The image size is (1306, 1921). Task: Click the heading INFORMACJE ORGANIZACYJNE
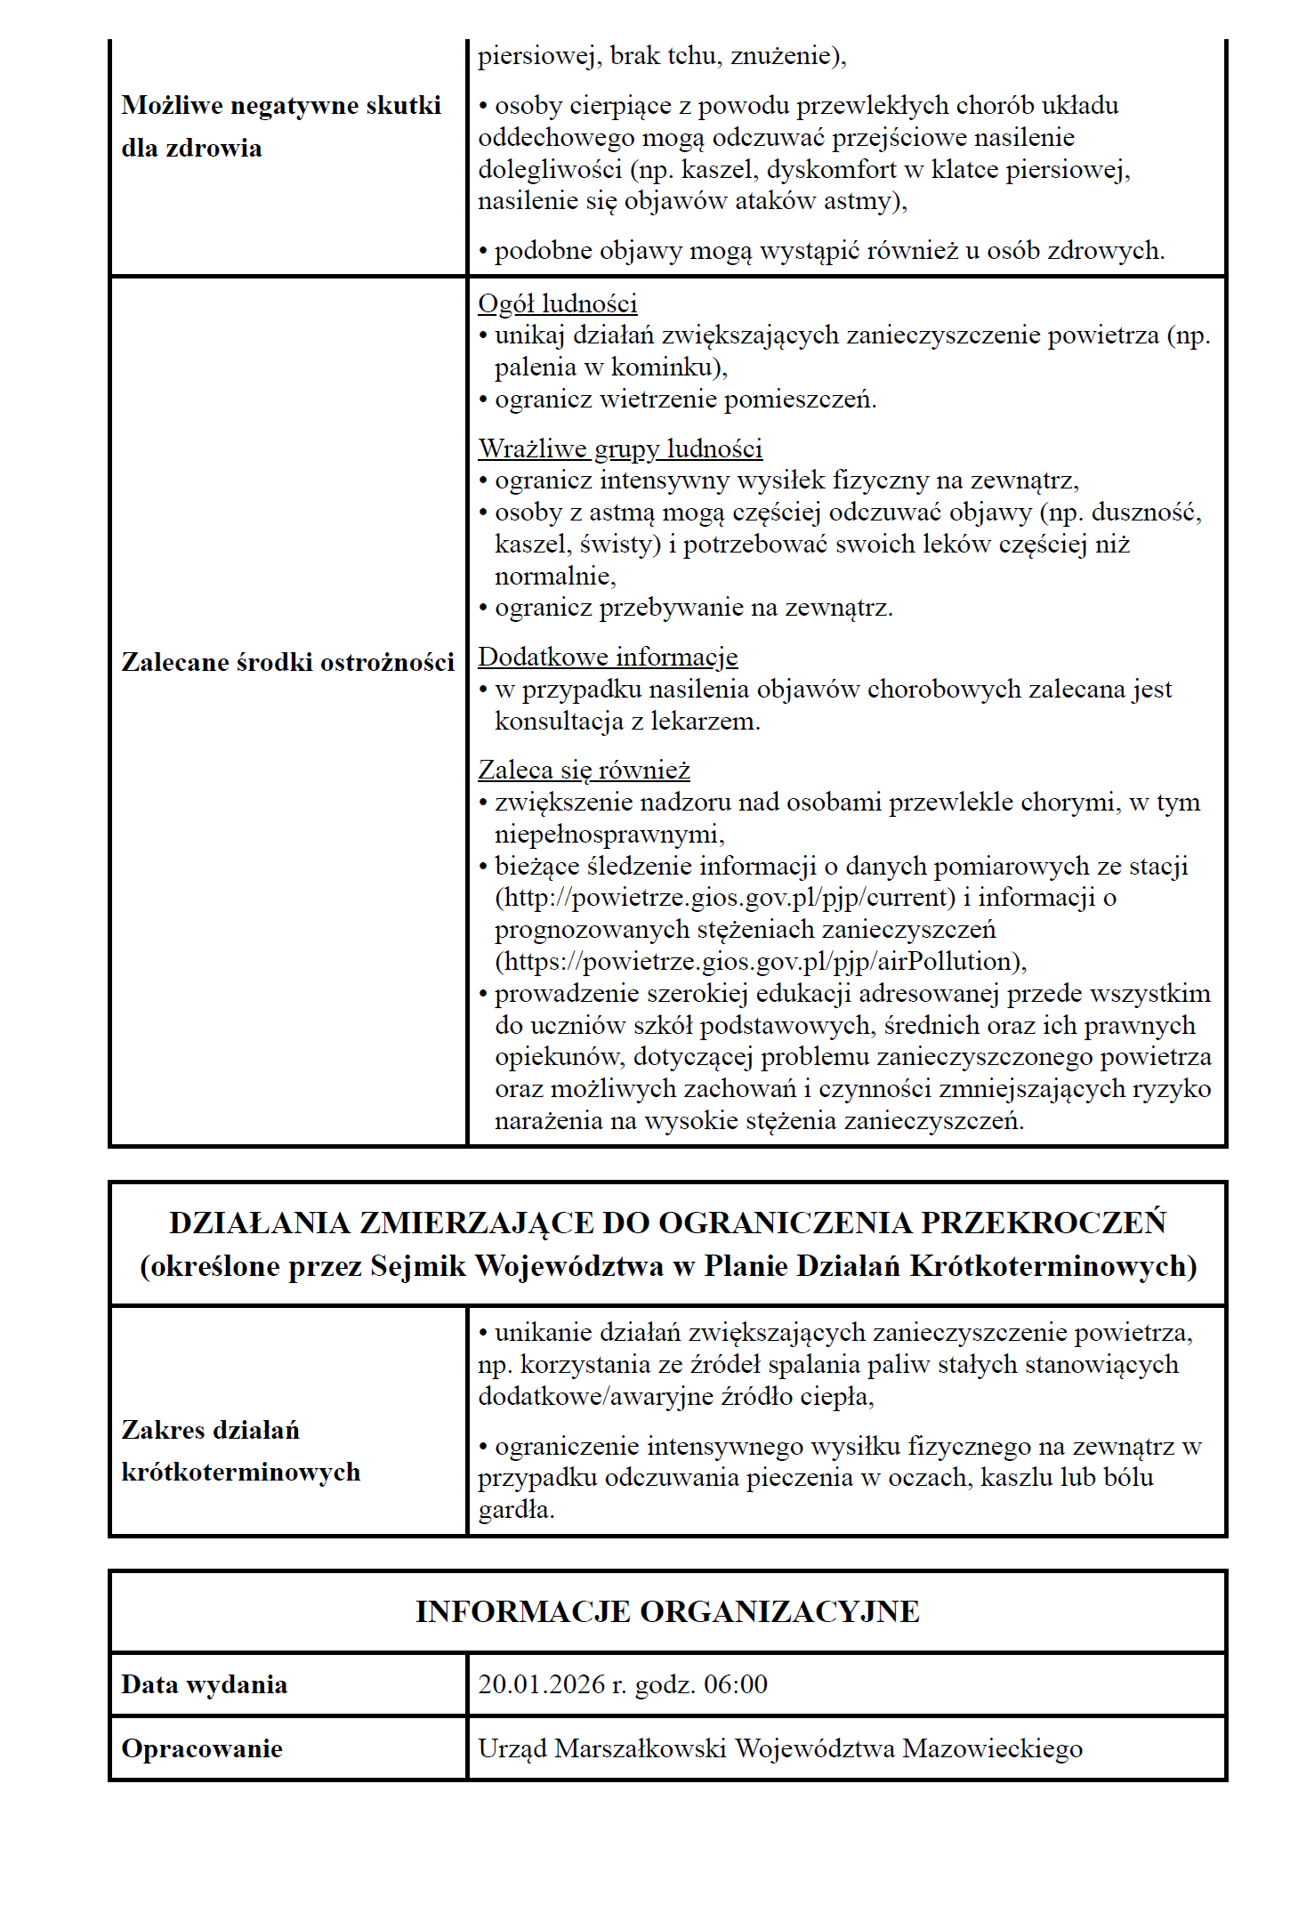pyautogui.click(x=667, y=1611)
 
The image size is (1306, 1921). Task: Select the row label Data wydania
pyautogui.click(x=204, y=1684)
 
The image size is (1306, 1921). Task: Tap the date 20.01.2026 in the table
pyautogui.click(x=542, y=1684)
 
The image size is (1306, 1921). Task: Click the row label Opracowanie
pyautogui.click(x=202, y=1748)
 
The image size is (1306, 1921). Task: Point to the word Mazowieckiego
pyautogui.click(x=992, y=1748)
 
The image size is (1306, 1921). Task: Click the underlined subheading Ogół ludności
pyautogui.click(x=558, y=303)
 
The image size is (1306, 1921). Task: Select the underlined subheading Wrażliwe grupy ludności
pyautogui.click(x=620, y=448)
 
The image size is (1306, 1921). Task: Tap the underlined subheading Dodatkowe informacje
pyautogui.click(x=608, y=657)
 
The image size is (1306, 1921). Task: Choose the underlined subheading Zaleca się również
pyautogui.click(x=584, y=770)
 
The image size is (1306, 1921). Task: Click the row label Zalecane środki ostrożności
pyautogui.click(x=287, y=662)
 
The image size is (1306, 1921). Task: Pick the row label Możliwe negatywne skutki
pyautogui.click(x=281, y=106)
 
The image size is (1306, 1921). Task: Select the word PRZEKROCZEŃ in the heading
pyautogui.click(x=1043, y=1223)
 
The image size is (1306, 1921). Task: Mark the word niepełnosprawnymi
pyautogui.click(x=609, y=834)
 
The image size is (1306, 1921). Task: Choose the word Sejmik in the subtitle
pyautogui.click(x=418, y=1265)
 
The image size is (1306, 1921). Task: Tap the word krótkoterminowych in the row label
pyautogui.click(x=241, y=1472)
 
